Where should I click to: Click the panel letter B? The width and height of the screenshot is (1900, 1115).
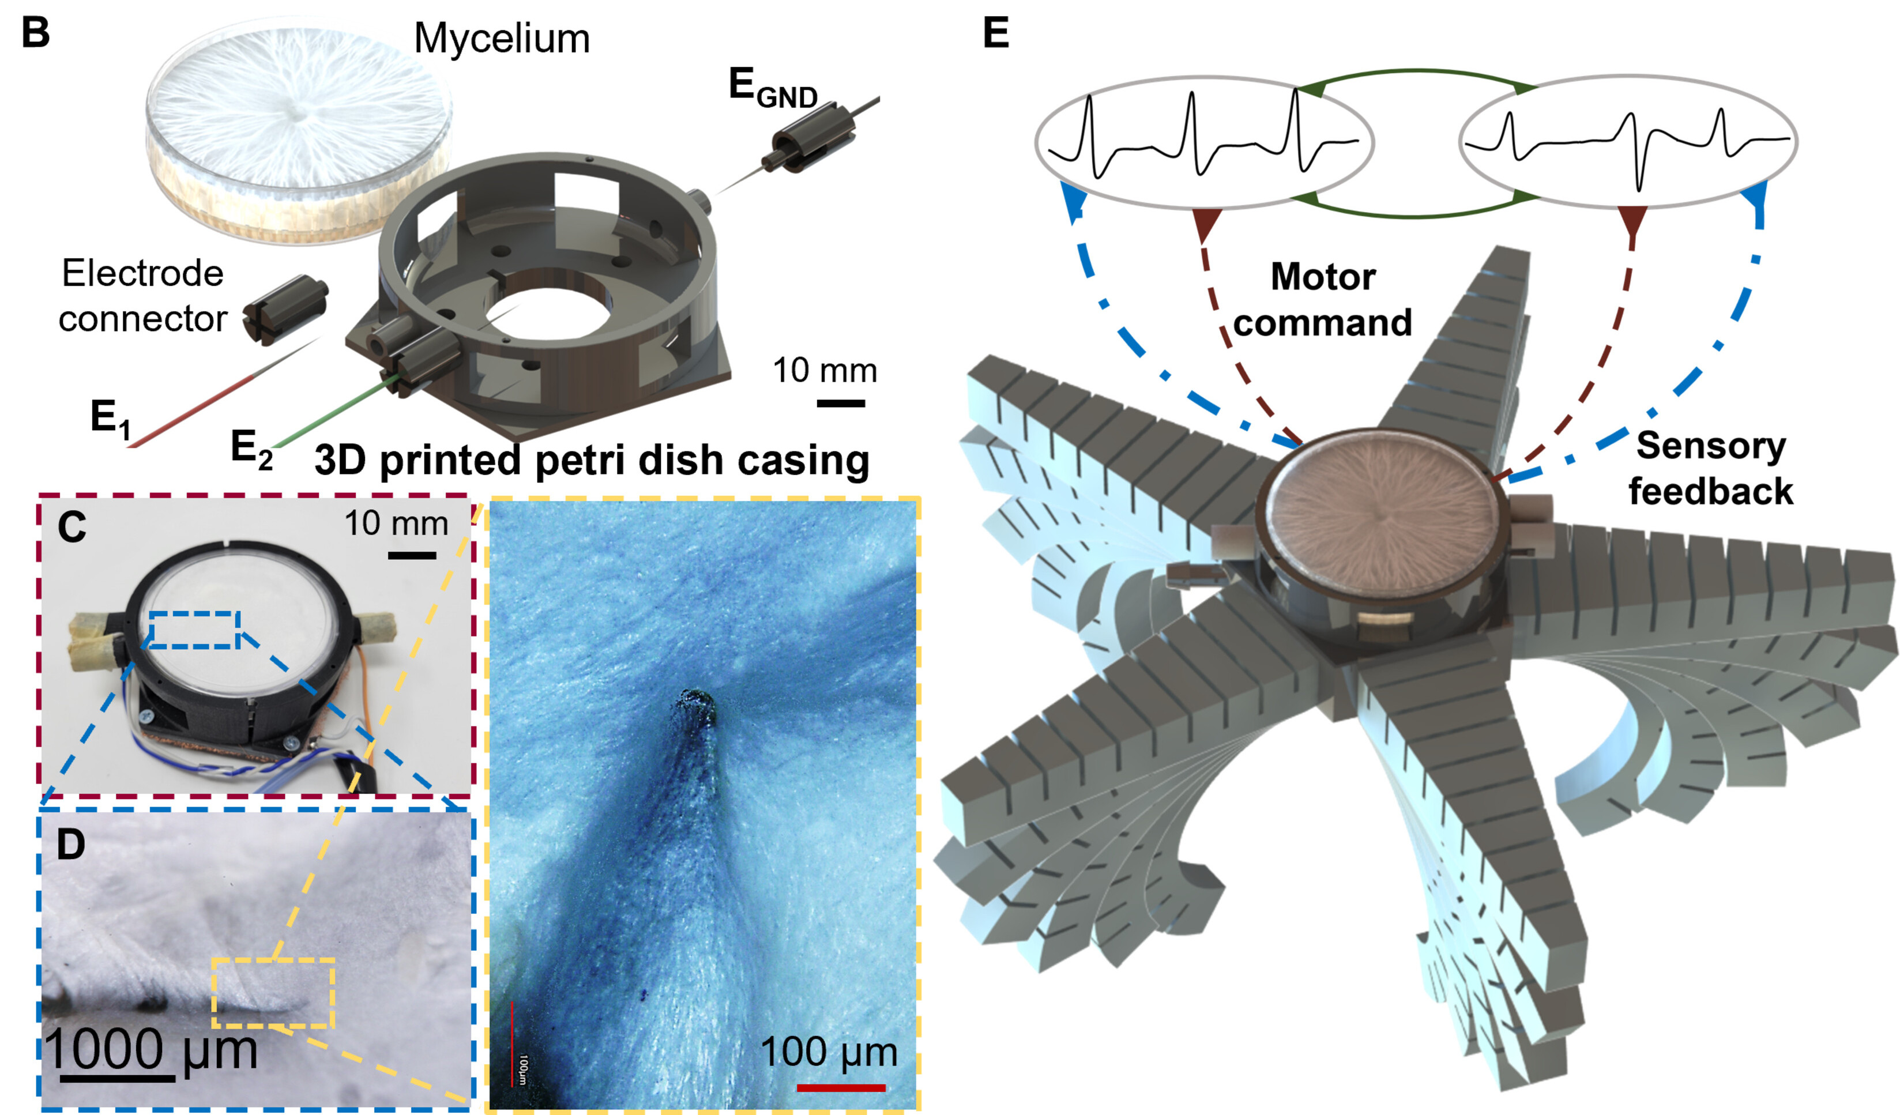coord(35,34)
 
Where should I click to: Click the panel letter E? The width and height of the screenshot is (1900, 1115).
coord(996,34)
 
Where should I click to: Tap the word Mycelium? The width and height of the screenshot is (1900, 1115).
coord(502,39)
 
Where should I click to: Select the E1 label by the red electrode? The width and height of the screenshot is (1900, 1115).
coord(110,419)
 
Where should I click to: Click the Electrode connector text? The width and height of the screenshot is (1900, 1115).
coord(142,296)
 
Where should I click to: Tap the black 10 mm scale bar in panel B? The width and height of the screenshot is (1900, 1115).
coord(841,404)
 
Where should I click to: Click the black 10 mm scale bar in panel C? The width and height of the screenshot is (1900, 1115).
coord(412,556)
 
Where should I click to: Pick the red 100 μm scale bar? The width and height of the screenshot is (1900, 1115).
coord(841,1087)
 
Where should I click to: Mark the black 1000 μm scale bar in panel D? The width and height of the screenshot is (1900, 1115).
coord(117,1079)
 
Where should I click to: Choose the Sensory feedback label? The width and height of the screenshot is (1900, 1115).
coord(1710,468)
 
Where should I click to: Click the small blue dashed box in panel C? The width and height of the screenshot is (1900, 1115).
coord(194,630)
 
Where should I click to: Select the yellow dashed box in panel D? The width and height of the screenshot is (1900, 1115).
coord(273,992)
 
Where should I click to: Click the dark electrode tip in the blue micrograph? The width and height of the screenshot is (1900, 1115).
coord(696,705)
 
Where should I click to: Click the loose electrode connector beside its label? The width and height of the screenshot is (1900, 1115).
coord(285,309)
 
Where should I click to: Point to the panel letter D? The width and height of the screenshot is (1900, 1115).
coord(71,845)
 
